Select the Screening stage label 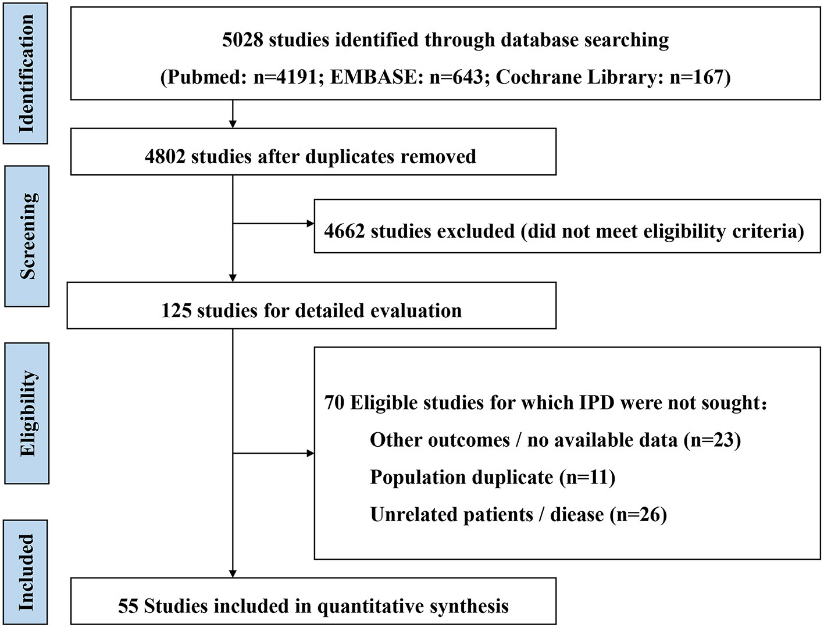click(x=27, y=236)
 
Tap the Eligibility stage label click(x=27, y=413)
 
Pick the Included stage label click(x=26, y=573)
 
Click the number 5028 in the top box click(x=242, y=40)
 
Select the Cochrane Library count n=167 click(x=696, y=77)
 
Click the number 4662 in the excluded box click(x=344, y=231)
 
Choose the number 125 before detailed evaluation click(x=176, y=310)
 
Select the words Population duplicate click(x=461, y=477)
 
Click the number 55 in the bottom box click(x=128, y=606)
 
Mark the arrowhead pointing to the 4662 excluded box click(x=310, y=224)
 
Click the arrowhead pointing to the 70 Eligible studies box click(x=310, y=453)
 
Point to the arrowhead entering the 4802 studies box click(x=233, y=124)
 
